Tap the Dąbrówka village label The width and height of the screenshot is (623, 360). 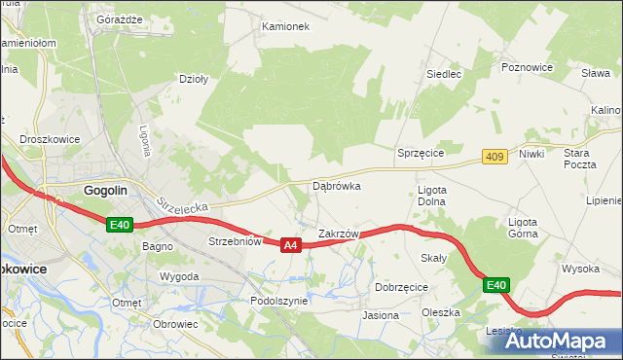click(x=337, y=185)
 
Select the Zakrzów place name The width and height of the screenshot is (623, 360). click(x=340, y=234)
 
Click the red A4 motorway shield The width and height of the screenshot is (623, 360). click(x=290, y=246)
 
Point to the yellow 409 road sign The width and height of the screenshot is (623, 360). click(x=495, y=156)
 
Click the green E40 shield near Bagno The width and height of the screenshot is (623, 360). click(x=119, y=225)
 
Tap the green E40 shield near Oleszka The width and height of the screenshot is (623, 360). click(x=495, y=285)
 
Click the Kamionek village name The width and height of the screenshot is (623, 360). click(x=285, y=26)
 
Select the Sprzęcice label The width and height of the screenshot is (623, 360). click(x=421, y=154)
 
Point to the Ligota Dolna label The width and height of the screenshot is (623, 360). click(x=431, y=196)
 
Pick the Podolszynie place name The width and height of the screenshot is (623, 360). click(x=279, y=302)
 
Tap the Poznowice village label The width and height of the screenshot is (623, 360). click(x=528, y=67)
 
